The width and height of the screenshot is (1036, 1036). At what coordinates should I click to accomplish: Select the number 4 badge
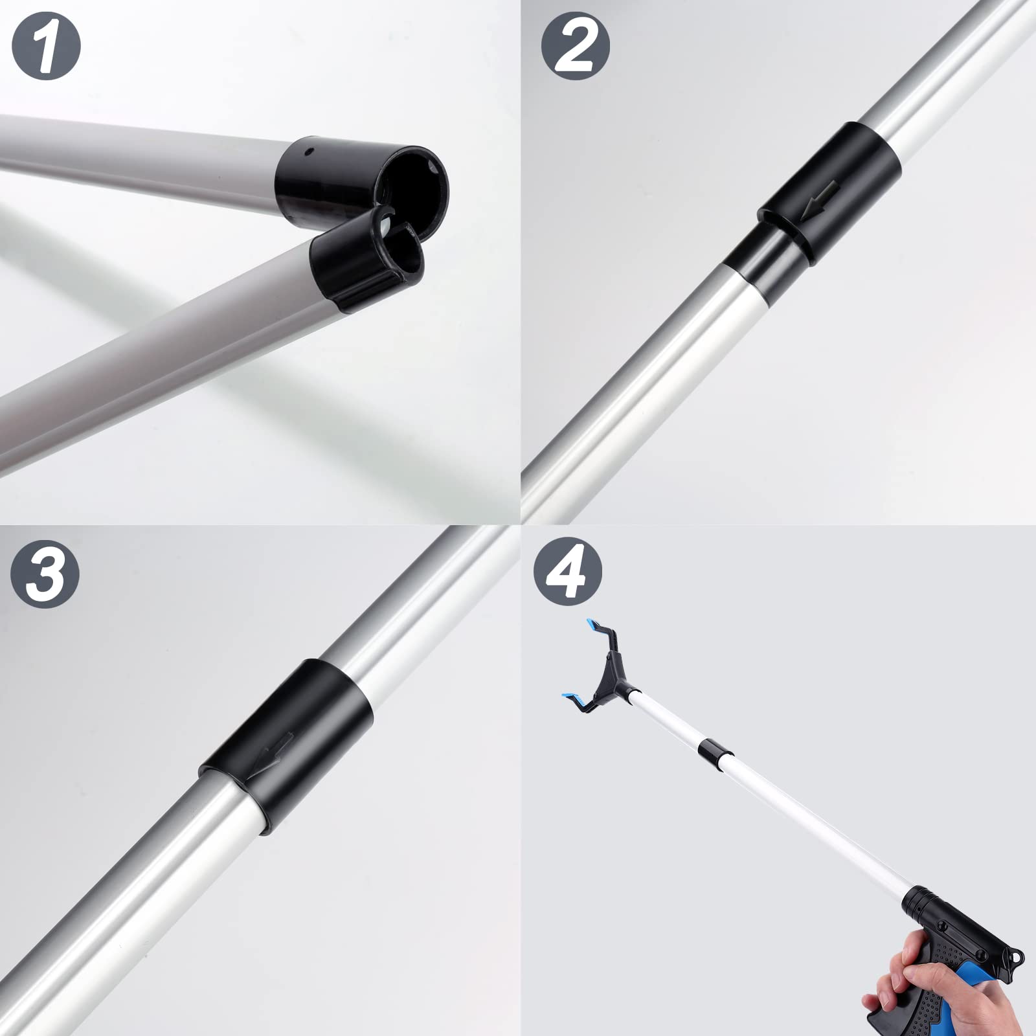(x=568, y=574)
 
